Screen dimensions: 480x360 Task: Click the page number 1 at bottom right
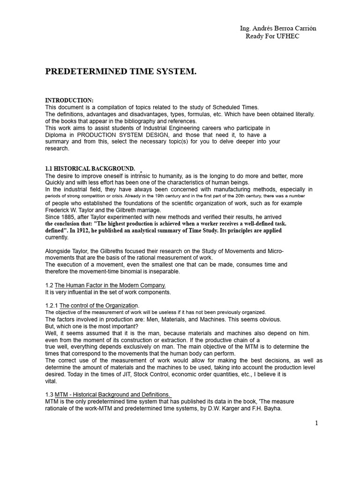click(316, 423)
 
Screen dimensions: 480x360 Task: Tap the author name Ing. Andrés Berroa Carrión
click(278, 28)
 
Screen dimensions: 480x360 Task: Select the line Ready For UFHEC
click(272, 37)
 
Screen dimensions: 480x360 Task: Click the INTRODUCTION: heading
click(69, 101)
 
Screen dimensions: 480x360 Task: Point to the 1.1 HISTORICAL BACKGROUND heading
click(90, 169)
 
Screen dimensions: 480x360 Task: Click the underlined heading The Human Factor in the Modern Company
click(110, 285)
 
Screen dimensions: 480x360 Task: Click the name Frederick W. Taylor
click(69, 210)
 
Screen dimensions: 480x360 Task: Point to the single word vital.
click(51, 381)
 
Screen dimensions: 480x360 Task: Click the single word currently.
click(56, 237)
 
